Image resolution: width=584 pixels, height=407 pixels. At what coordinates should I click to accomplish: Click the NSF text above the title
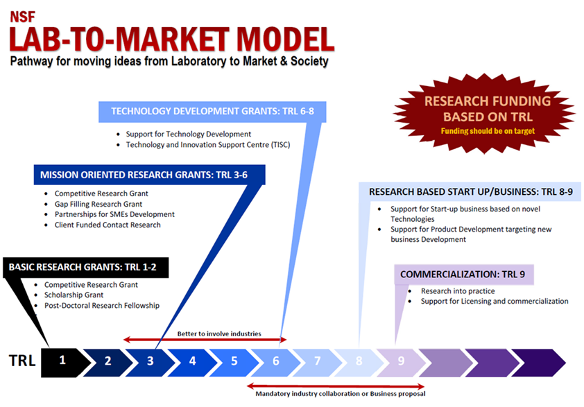coord(22,17)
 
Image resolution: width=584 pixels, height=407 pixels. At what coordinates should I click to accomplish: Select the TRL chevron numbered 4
coord(191,363)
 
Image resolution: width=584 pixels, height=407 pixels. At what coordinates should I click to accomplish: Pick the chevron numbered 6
coord(275,363)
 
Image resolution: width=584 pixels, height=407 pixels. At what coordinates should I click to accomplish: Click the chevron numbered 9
coord(401,363)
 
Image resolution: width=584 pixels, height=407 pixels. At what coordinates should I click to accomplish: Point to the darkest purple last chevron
coord(538,363)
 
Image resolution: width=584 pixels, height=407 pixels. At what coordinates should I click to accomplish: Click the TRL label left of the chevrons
coord(22,361)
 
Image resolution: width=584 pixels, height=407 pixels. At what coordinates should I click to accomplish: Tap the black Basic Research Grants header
coord(86,268)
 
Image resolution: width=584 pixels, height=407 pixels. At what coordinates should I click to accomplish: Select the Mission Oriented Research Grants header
coord(149,175)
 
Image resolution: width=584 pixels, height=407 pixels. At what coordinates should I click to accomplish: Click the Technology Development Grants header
coord(212,112)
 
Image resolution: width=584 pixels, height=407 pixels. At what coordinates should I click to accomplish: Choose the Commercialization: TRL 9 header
coord(464,275)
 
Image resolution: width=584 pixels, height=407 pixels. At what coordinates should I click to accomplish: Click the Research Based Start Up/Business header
coord(470,192)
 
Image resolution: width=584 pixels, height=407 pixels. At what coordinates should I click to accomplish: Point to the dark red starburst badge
coord(484,114)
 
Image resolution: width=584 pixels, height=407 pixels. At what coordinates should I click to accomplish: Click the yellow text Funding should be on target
coord(488,131)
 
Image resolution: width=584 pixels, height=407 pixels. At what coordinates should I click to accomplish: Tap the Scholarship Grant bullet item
coord(74,295)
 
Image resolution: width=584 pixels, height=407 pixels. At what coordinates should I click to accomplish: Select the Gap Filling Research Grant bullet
coord(98,204)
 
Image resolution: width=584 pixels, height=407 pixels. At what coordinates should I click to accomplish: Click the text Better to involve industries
coord(219,334)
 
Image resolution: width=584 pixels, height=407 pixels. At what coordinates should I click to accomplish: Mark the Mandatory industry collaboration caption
coord(341,394)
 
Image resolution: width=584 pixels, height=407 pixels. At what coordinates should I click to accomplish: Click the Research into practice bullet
coord(458,291)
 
